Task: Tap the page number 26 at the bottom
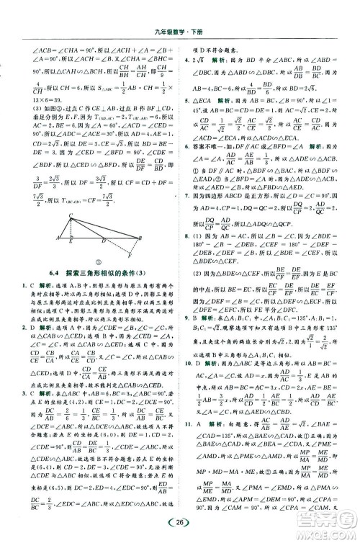(181, 520)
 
